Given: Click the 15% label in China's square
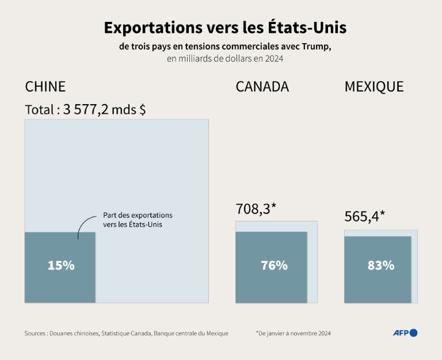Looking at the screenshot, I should click(x=61, y=265).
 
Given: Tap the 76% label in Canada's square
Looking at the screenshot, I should click(x=274, y=265).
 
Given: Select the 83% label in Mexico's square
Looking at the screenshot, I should click(x=380, y=265).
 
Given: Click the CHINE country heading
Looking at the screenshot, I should click(x=45, y=87).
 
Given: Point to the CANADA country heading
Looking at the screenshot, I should click(x=262, y=87).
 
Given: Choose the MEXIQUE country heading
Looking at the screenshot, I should click(x=374, y=87).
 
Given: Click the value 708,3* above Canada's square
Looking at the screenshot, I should click(x=256, y=209).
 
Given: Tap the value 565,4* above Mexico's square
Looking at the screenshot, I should click(x=365, y=216).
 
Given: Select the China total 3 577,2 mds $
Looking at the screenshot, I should click(x=85, y=109).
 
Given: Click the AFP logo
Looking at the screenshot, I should click(x=405, y=332).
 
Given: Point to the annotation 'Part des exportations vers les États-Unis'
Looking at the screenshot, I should click(x=138, y=220).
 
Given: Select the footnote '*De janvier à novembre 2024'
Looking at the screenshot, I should click(x=294, y=333).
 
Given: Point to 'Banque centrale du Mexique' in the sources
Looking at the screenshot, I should click(x=190, y=333).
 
